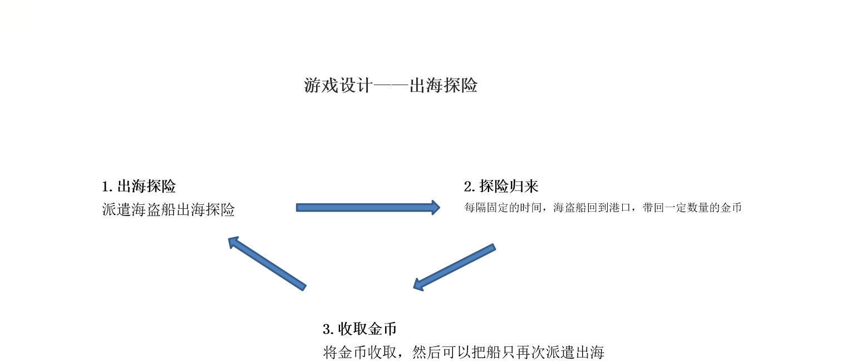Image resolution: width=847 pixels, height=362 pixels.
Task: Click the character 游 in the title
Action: point(313,86)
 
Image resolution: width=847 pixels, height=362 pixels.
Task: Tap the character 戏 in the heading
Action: point(330,86)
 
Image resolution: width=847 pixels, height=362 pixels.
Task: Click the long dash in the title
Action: point(390,86)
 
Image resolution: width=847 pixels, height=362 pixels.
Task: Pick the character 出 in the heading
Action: point(417,86)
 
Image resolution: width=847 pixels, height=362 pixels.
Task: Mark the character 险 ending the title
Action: point(469,86)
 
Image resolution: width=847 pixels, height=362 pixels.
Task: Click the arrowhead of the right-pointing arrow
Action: point(435,208)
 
